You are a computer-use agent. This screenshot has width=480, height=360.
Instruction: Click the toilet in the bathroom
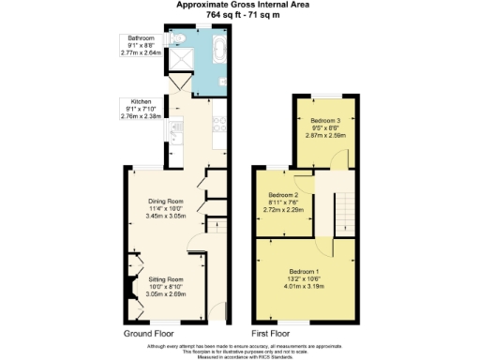(x=178, y=41)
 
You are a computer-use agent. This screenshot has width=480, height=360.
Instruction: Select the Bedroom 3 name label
(x=325, y=121)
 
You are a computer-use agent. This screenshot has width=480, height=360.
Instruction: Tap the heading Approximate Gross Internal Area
(x=239, y=5)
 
